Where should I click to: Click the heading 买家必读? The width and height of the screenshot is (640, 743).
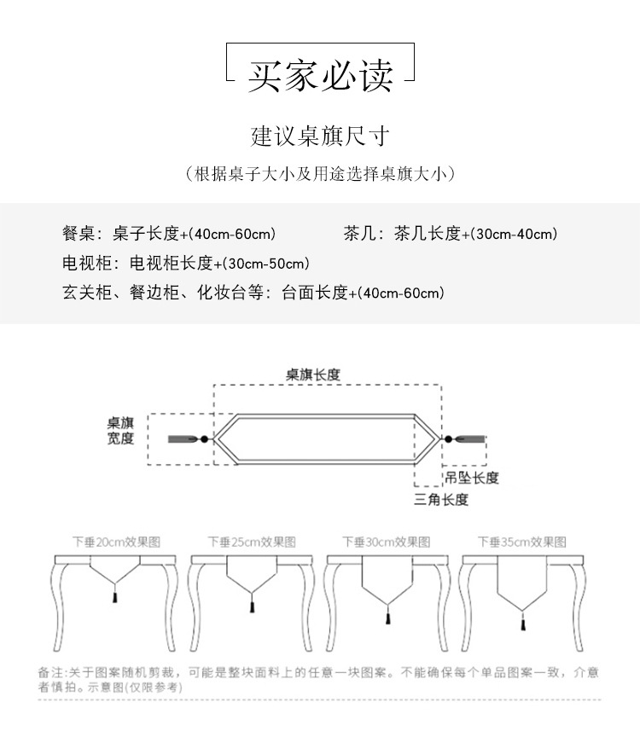point(320,74)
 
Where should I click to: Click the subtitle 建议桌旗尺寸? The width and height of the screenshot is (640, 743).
point(320,136)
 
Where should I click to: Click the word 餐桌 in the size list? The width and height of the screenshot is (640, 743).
point(78,234)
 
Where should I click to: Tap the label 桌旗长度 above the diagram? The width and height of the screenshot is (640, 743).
point(313,374)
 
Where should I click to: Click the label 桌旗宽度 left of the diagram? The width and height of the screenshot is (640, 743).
point(120,431)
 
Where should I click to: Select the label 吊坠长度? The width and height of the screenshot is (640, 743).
point(471,478)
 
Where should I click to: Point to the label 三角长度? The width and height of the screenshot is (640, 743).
point(441,500)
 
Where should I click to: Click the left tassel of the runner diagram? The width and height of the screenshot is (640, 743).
point(183,438)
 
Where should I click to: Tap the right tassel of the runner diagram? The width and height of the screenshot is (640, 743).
point(468,438)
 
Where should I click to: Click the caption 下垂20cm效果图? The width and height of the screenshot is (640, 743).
point(116,542)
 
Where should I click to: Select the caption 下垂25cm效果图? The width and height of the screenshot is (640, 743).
point(252,542)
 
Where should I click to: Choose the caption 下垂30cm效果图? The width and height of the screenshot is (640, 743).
point(387,542)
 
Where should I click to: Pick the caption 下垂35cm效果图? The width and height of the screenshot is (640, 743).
point(521,542)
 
